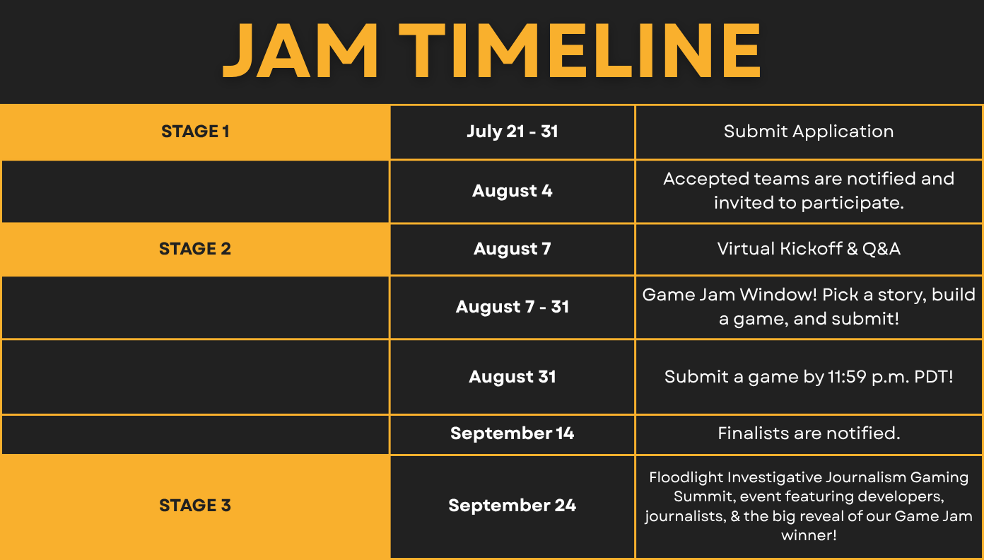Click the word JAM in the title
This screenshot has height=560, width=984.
coord(300,50)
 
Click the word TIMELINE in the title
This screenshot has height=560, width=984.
coord(580,50)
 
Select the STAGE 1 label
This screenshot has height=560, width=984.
coord(195,132)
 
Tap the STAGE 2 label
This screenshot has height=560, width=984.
coord(195,249)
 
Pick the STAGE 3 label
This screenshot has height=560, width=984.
coord(195,506)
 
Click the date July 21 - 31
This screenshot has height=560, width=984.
coord(512,132)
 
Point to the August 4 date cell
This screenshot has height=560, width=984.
coord(512,191)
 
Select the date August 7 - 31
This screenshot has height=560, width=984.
coord(512,307)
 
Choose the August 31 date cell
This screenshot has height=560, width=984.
coord(512,377)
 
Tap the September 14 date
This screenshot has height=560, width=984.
coord(512,433)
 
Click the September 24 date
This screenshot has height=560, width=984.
coord(512,506)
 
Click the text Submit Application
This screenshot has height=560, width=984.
coord(809,132)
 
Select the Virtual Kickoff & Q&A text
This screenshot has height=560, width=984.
coord(809,249)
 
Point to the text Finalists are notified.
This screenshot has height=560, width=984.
coord(809,433)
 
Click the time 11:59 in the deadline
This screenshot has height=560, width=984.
coord(847,377)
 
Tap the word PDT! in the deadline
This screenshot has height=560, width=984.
coord(934,377)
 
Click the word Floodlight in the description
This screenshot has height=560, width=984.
coord(686,477)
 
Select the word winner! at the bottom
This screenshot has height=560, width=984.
coord(809,535)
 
